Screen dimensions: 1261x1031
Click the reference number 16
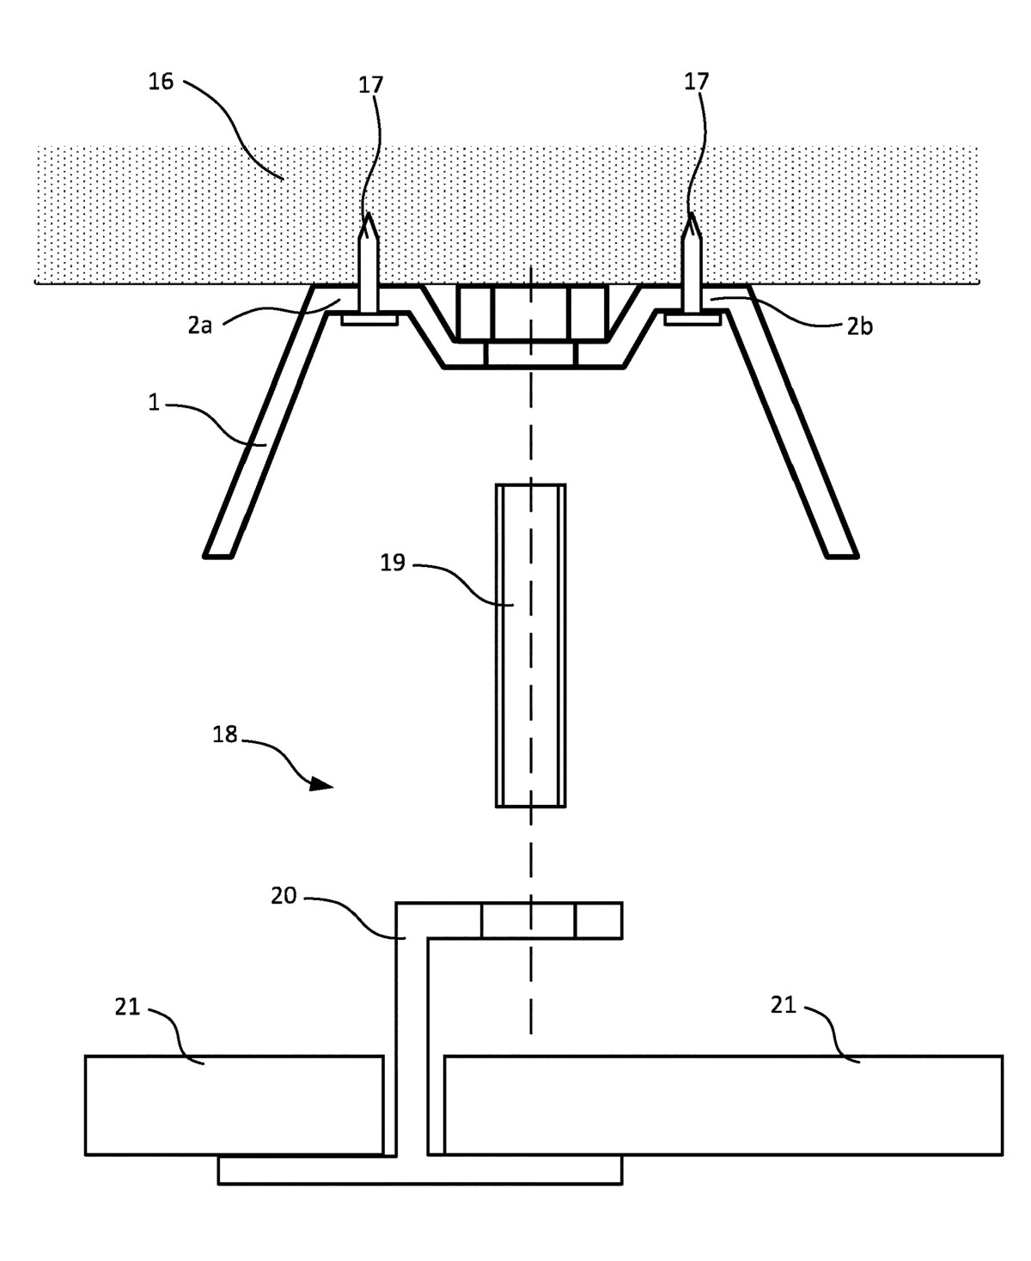[161, 82]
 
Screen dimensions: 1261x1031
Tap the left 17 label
[371, 84]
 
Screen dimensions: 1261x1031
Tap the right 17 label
[696, 82]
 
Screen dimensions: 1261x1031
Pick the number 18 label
[225, 735]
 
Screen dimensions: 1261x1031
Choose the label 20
[284, 896]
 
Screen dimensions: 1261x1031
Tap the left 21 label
[127, 1008]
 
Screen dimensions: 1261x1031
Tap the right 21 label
[783, 1005]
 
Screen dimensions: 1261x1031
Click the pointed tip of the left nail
[369, 216]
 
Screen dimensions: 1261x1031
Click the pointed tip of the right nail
[692, 216]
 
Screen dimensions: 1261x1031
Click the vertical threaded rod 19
[531, 644]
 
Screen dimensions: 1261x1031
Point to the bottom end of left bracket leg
[218, 553]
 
